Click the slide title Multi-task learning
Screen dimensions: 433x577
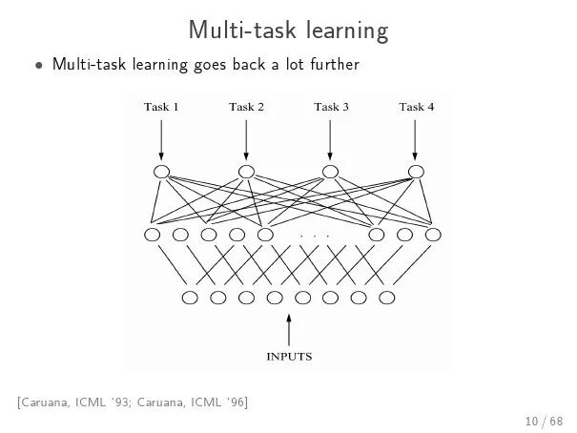[x=288, y=31]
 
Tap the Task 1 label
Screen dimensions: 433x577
[x=161, y=107]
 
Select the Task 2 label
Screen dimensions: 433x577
[x=246, y=107]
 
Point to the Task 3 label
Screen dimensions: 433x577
[x=331, y=107]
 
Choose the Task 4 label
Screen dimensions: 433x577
[x=416, y=107]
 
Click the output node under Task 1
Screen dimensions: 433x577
[x=160, y=172]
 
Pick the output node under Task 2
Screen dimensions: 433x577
[x=246, y=172]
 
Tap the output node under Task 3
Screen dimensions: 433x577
[x=330, y=172]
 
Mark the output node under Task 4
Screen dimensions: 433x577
[x=415, y=172]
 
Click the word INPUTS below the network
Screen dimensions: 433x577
[x=288, y=357]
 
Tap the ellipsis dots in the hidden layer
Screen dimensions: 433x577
[x=314, y=235]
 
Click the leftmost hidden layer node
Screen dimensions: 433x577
[x=152, y=235]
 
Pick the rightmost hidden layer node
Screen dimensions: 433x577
[x=433, y=235]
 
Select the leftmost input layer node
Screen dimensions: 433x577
[x=190, y=298]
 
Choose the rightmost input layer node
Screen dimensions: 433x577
[x=387, y=298]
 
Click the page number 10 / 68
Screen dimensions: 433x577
[x=543, y=421]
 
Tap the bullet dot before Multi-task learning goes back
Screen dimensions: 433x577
[x=39, y=67]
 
